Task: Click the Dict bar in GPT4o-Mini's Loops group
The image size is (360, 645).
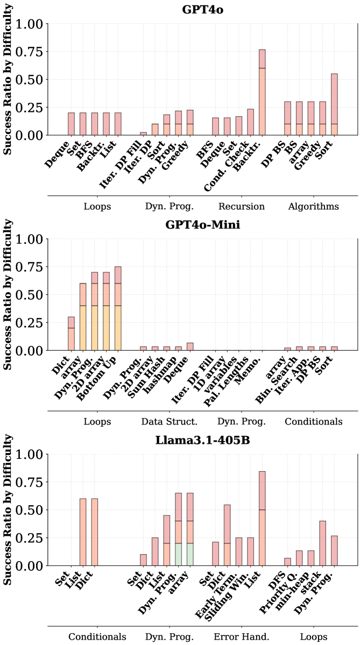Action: [x=71, y=334]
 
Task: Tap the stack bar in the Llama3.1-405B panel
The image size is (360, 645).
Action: [x=322, y=543]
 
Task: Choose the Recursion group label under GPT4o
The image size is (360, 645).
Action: [x=242, y=206]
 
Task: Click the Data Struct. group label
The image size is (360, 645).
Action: [x=169, y=421]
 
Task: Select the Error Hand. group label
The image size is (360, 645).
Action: [x=242, y=637]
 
